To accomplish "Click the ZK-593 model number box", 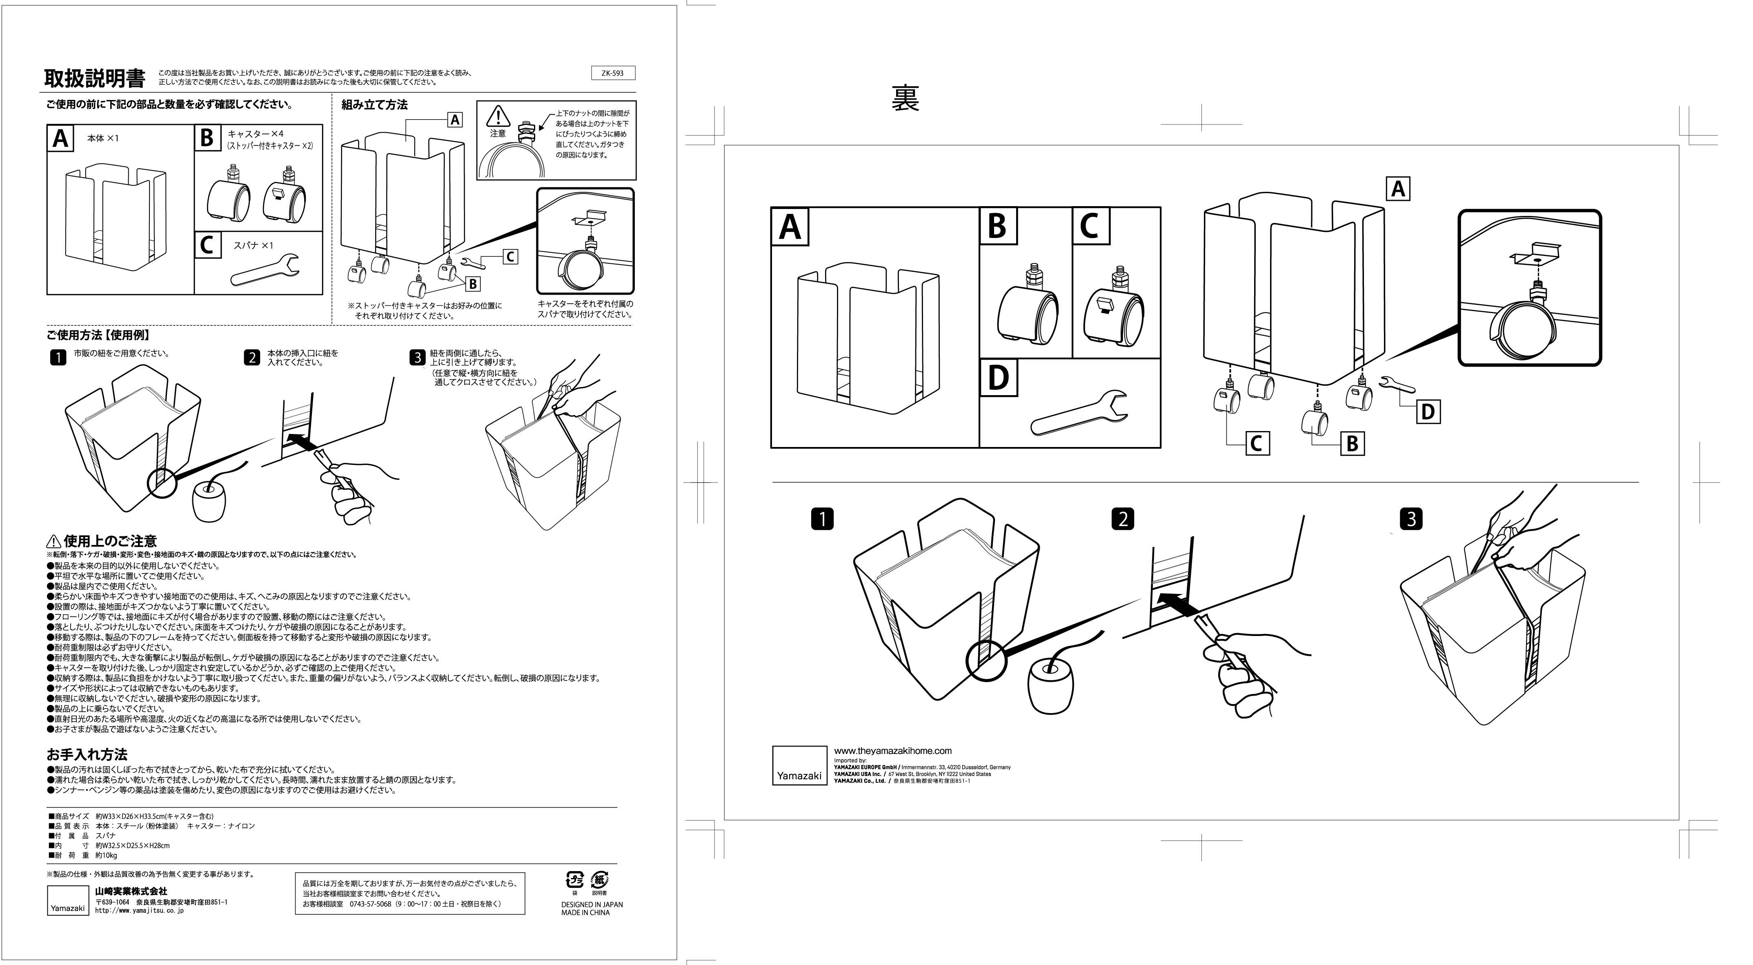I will (x=612, y=73).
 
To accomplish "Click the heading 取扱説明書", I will (x=95, y=79).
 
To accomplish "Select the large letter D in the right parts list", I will (x=998, y=378).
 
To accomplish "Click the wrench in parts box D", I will (x=1079, y=412).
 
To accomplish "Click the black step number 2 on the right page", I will (x=1122, y=519).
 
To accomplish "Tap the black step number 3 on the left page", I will (x=417, y=357).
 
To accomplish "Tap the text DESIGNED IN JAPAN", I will (x=592, y=905).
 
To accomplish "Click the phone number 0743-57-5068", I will (x=370, y=904).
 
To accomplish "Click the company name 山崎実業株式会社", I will (x=131, y=891).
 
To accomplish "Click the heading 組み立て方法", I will (x=374, y=105).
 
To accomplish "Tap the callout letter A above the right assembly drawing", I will (x=1398, y=189).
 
